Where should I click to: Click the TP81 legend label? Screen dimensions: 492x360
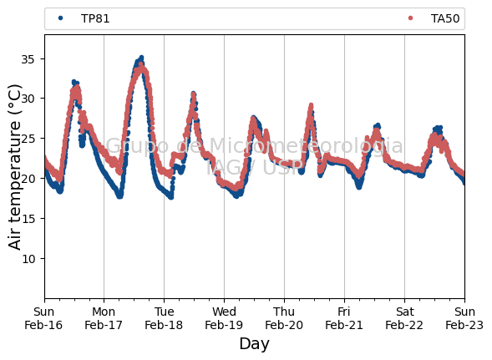tap(95, 19)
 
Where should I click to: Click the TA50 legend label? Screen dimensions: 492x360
tap(445, 19)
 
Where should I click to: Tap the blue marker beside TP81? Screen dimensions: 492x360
tap(60, 18)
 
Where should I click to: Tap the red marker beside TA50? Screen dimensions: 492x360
tap(410, 18)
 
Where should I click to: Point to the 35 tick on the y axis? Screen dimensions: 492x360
tap(28, 59)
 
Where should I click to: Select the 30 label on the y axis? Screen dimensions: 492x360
tap(28, 99)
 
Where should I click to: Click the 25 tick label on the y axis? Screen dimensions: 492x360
tap(28, 139)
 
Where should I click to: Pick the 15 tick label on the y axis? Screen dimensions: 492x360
tap(28, 219)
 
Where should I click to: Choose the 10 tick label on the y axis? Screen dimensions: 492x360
tap(28, 259)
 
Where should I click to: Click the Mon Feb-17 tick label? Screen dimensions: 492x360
tap(104, 318)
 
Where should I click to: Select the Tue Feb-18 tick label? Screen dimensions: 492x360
tap(164, 318)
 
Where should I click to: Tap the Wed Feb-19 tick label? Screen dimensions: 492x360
tap(224, 318)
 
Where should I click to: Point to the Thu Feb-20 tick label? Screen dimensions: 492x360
tap(284, 318)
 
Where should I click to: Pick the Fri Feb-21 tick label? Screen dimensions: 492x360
tap(344, 318)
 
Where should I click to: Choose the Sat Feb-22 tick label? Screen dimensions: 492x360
tap(404, 318)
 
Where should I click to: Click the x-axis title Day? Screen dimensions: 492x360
tap(254, 344)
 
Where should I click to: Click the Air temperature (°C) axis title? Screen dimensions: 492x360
tap(14, 167)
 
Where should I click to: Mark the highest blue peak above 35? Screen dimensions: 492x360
tap(141, 58)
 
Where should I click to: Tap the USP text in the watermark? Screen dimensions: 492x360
tap(283, 167)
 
